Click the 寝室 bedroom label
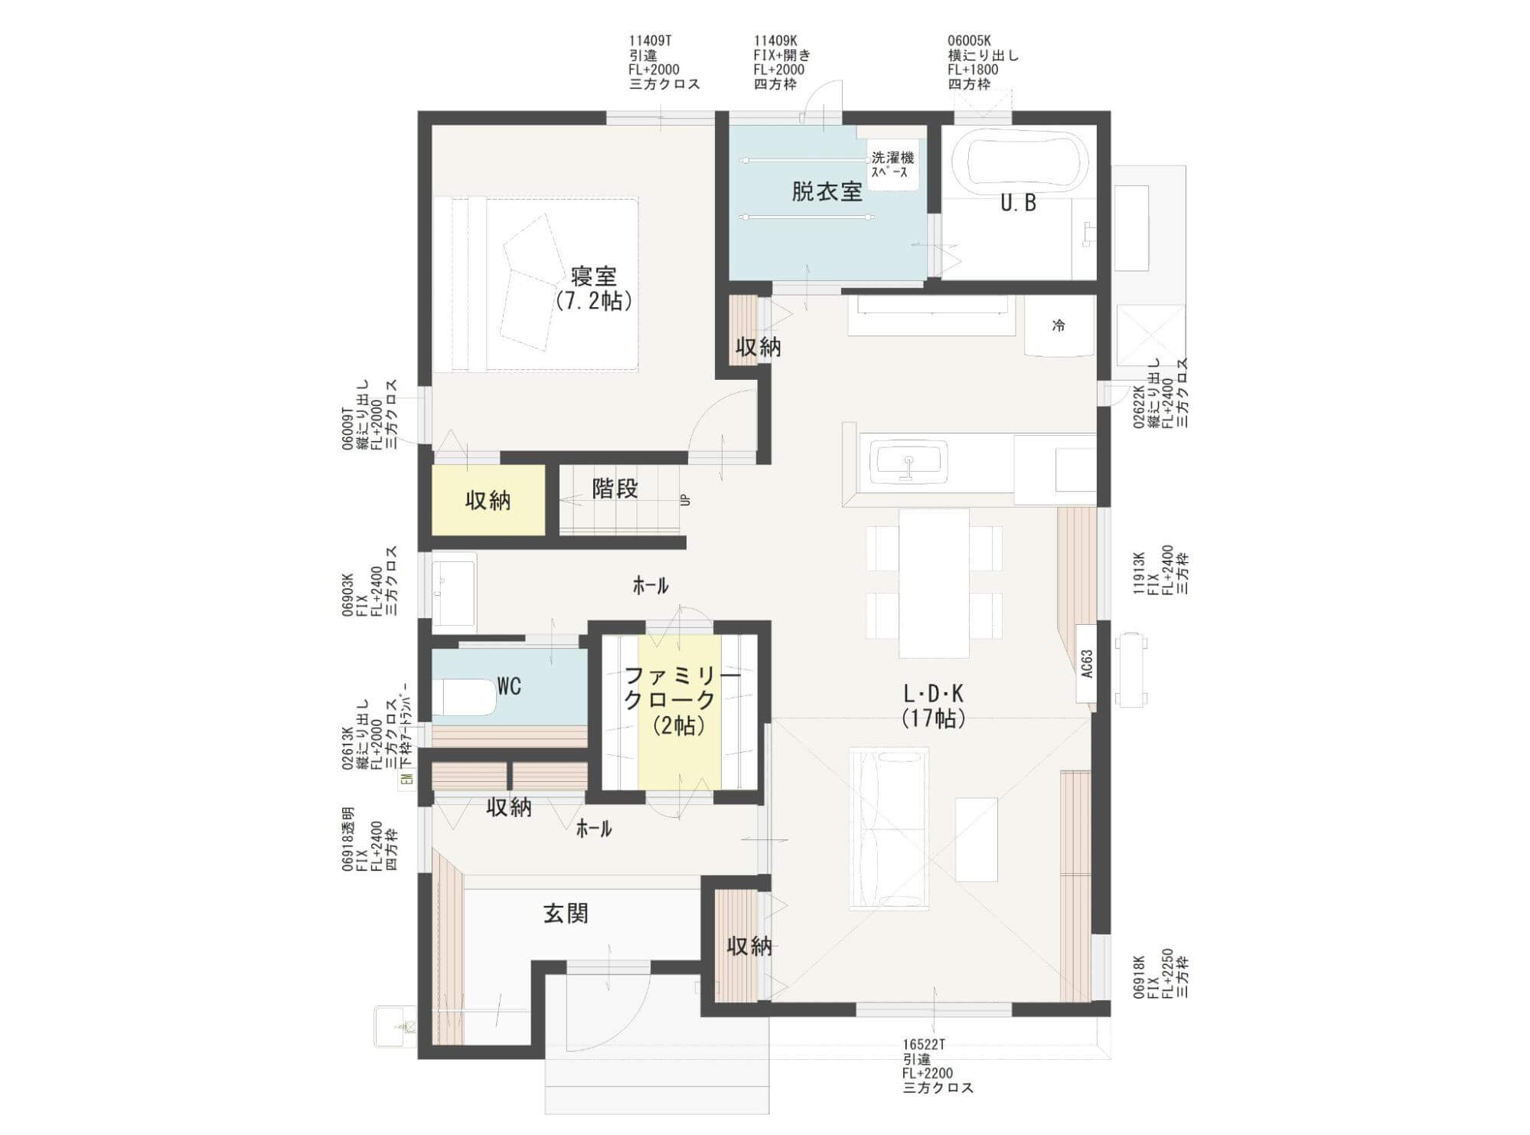594,276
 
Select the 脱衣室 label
827,192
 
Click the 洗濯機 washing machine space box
892,165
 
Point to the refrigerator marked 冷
1059,326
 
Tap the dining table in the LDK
934,584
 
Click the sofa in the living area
889,829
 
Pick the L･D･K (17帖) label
933,705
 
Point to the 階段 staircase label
615,489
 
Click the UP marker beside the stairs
685,499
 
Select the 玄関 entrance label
566,913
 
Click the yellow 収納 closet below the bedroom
488,500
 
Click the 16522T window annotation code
925,1045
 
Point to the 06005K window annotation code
969,41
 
